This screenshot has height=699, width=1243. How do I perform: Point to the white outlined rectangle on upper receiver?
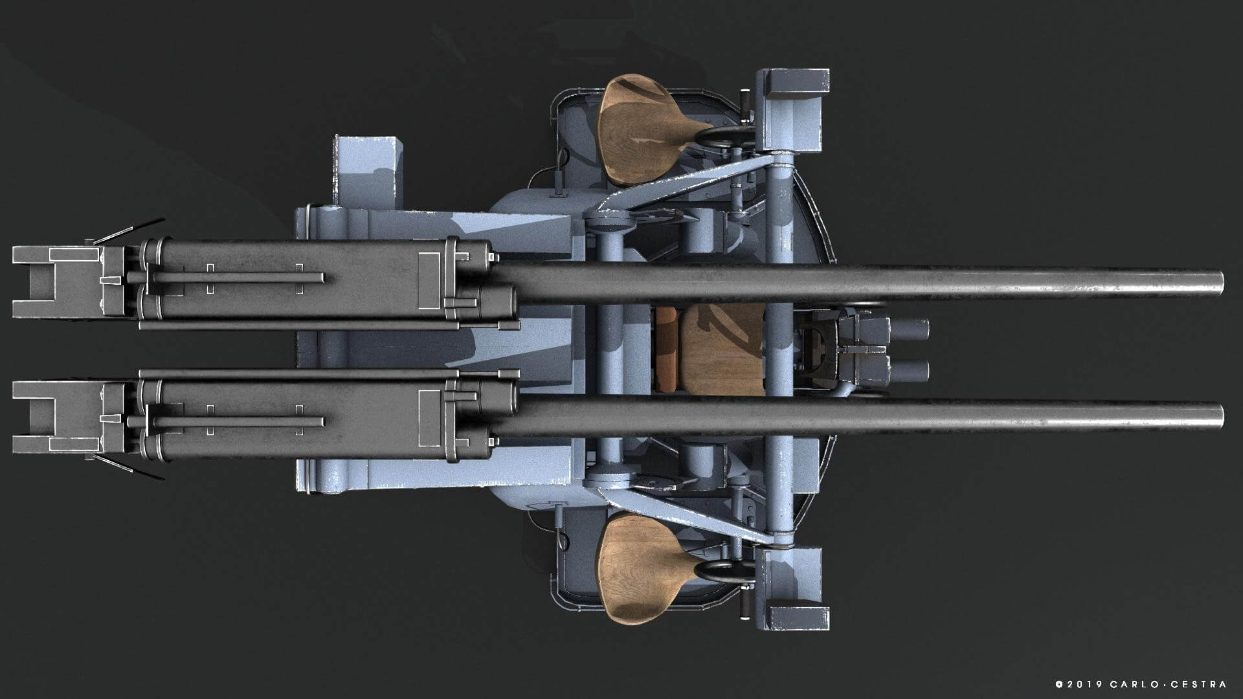tap(430, 280)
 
